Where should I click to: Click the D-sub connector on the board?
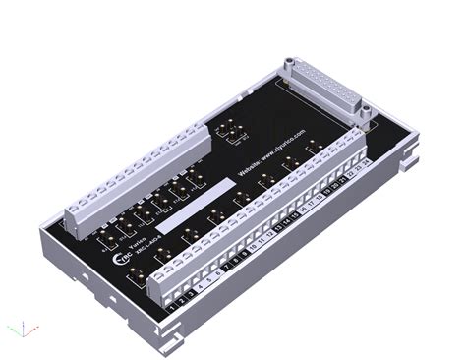point(323,88)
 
